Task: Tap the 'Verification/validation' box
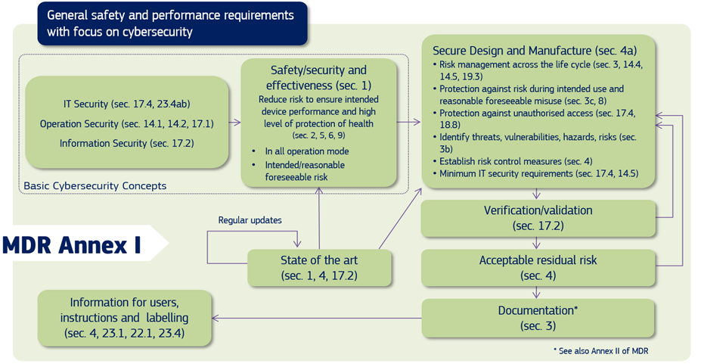tap(538, 217)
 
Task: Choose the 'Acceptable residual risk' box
tap(538, 267)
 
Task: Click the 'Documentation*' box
tap(538, 318)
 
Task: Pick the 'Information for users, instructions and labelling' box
tap(125, 317)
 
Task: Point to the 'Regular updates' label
tap(250, 220)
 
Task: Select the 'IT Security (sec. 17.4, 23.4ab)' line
tap(126, 104)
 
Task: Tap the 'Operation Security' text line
tap(126, 123)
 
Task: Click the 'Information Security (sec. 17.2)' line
tap(126, 143)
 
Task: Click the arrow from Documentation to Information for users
tap(318, 318)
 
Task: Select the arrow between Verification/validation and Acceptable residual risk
tap(537, 242)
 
